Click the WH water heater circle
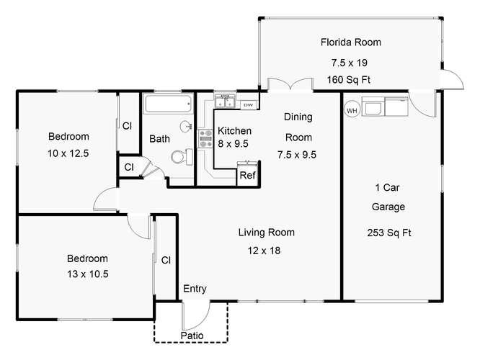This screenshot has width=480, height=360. (x=352, y=110)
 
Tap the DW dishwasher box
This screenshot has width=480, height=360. (x=248, y=105)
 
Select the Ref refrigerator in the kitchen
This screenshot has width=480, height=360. (x=247, y=174)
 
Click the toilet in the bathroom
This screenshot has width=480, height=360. (x=182, y=157)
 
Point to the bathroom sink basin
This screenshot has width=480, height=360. (x=186, y=126)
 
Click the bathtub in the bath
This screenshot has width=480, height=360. (x=168, y=104)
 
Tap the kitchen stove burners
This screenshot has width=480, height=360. (x=205, y=138)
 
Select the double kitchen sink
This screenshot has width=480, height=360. (x=225, y=102)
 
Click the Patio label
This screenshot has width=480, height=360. (x=192, y=336)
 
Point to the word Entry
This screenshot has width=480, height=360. (x=195, y=289)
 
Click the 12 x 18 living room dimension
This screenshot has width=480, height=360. (x=264, y=251)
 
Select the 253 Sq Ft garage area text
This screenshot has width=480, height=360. (x=389, y=233)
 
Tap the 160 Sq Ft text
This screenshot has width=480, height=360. (x=349, y=80)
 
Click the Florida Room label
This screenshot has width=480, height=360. (x=351, y=42)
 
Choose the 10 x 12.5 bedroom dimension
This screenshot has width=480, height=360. (x=68, y=153)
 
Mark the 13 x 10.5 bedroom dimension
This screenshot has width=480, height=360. (x=88, y=274)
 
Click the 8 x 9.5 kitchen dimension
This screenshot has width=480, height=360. (x=233, y=143)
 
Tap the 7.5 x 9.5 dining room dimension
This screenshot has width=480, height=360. (x=297, y=155)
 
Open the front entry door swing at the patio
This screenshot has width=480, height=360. (x=196, y=315)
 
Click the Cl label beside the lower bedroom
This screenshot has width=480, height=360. (x=166, y=260)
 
